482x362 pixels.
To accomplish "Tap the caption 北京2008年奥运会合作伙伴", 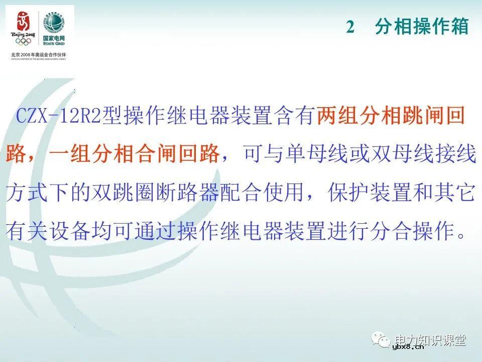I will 39,54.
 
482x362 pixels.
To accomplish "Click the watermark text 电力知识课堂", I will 431,340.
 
